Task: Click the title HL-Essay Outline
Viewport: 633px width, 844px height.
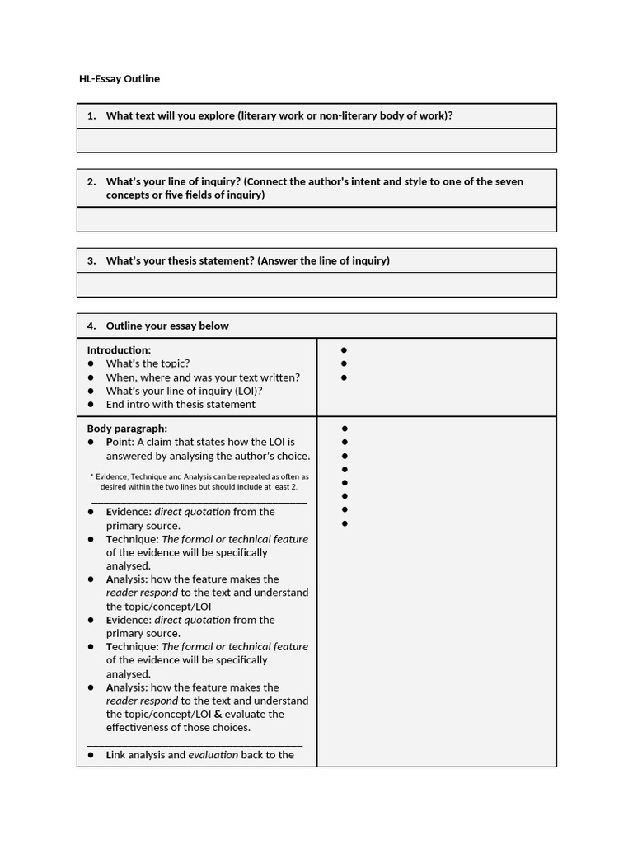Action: click(x=119, y=79)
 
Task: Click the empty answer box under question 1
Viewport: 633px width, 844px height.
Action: click(x=316, y=141)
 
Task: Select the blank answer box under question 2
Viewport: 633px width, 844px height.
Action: click(x=316, y=219)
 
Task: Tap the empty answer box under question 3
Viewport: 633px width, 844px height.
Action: click(x=316, y=285)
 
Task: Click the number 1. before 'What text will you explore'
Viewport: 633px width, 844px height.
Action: click(x=91, y=115)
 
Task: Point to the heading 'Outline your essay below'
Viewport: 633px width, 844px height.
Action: click(x=167, y=326)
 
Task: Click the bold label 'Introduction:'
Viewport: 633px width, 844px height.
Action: click(x=119, y=350)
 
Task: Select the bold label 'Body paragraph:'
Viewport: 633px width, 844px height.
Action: click(x=127, y=429)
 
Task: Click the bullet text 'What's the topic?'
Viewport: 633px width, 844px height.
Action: click(x=148, y=363)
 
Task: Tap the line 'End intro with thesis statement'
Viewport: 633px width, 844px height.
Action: click(x=181, y=404)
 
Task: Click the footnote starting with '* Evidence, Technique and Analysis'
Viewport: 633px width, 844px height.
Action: click(x=199, y=481)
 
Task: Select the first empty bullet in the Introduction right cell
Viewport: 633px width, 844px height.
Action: click(x=344, y=350)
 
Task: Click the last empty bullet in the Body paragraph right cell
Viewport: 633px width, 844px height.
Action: click(x=344, y=523)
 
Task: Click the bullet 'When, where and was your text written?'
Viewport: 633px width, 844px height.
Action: click(x=203, y=377)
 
